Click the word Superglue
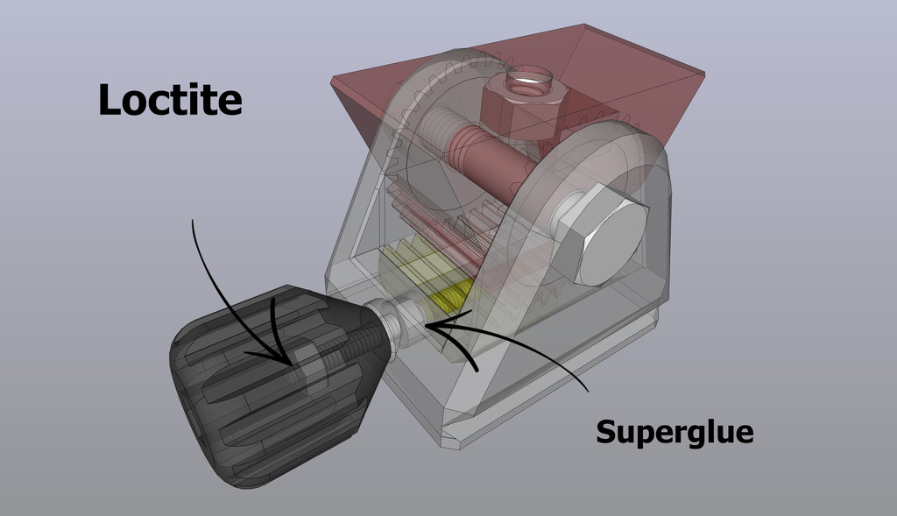675,431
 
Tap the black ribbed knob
263,385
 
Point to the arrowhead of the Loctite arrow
293,361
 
